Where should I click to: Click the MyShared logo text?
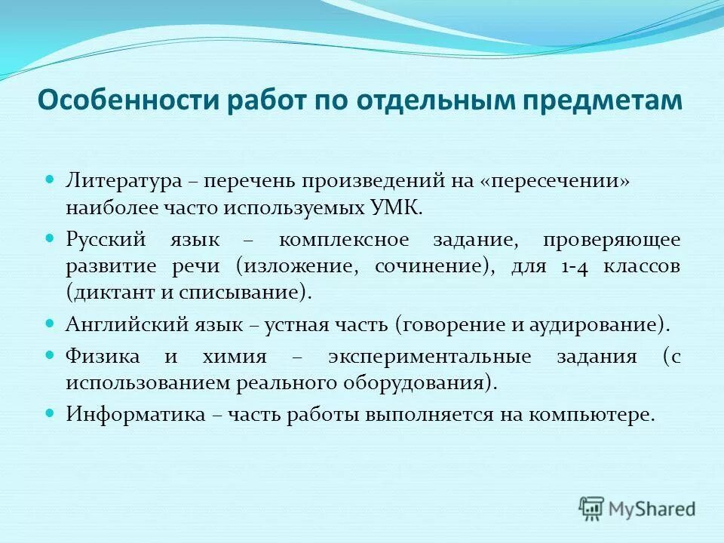[x=652, y=508]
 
